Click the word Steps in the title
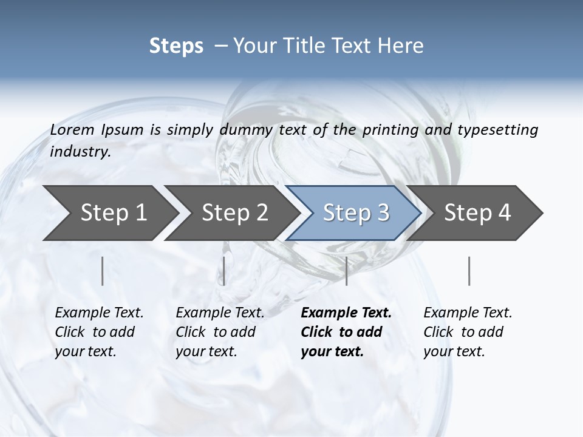[176, 46]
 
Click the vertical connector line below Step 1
[103, 271]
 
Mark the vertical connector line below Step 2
[224, 271]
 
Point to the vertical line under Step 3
[346, 271]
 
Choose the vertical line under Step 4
[469, 271]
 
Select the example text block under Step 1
[99, 332]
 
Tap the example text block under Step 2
[220, 332]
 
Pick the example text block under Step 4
[468, 332]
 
